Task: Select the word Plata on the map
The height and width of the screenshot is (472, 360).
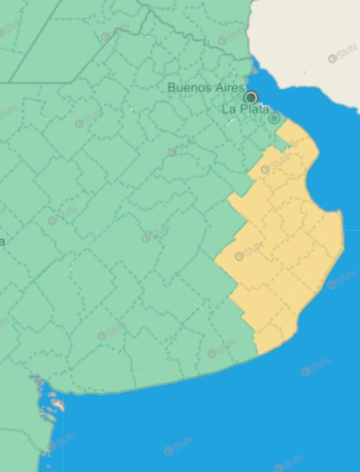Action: [254, 109]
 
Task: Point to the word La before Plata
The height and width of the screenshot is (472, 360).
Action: [229, 109]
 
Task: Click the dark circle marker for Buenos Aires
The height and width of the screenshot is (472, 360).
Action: [251, 97]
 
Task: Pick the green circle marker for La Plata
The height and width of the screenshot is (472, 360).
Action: [274, 118]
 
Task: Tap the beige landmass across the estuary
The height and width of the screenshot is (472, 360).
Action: [307, 41]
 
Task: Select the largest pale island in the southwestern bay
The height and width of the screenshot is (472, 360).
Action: [57, 405]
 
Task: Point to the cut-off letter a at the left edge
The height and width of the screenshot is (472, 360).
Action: [2, 241]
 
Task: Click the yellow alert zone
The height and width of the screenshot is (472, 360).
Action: [283, 248]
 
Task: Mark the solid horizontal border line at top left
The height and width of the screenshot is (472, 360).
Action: [35, 82]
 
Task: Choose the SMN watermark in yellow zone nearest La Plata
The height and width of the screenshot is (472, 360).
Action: [275, 165]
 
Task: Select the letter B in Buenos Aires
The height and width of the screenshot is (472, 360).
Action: [172, 87]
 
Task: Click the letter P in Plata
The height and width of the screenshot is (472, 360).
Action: [244, 109]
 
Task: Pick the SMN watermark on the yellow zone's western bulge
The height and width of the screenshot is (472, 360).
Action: [248, 252]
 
